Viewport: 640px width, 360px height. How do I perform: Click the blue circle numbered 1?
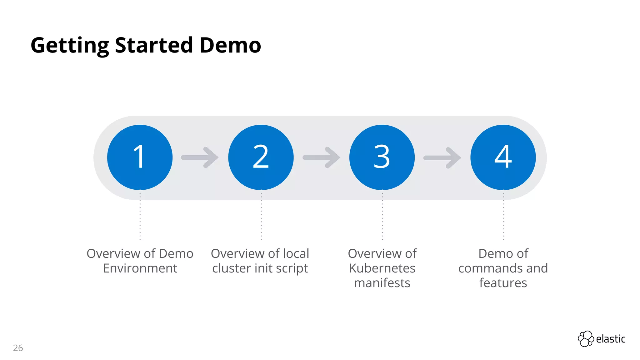coord(140,157)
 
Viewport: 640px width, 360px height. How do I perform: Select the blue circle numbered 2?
coord(261,157)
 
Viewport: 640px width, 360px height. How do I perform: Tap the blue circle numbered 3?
coord(382,157)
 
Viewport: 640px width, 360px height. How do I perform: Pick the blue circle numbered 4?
coord(503,157)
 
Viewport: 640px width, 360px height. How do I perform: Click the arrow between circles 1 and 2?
coord(200,157)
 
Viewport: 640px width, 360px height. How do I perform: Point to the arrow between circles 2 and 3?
coord(322,157)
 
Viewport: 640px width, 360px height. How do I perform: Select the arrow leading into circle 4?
coord(442,157)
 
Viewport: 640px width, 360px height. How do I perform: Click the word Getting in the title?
coord(70,46)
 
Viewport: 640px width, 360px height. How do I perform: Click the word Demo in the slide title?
coord(230,45)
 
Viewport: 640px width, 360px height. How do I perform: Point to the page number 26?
coord(18,348)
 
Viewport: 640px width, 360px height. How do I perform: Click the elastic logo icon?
coord(586,339)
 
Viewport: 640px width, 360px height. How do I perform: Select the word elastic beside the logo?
coord(611,339)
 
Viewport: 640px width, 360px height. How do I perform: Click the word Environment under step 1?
coord(140,268)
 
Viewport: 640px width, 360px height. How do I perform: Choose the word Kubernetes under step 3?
coord(382,268)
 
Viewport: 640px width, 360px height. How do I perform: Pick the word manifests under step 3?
coord(382,283)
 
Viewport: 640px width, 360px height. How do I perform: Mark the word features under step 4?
coord(503,283)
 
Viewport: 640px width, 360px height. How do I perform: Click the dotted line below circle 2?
coord(261,216)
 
